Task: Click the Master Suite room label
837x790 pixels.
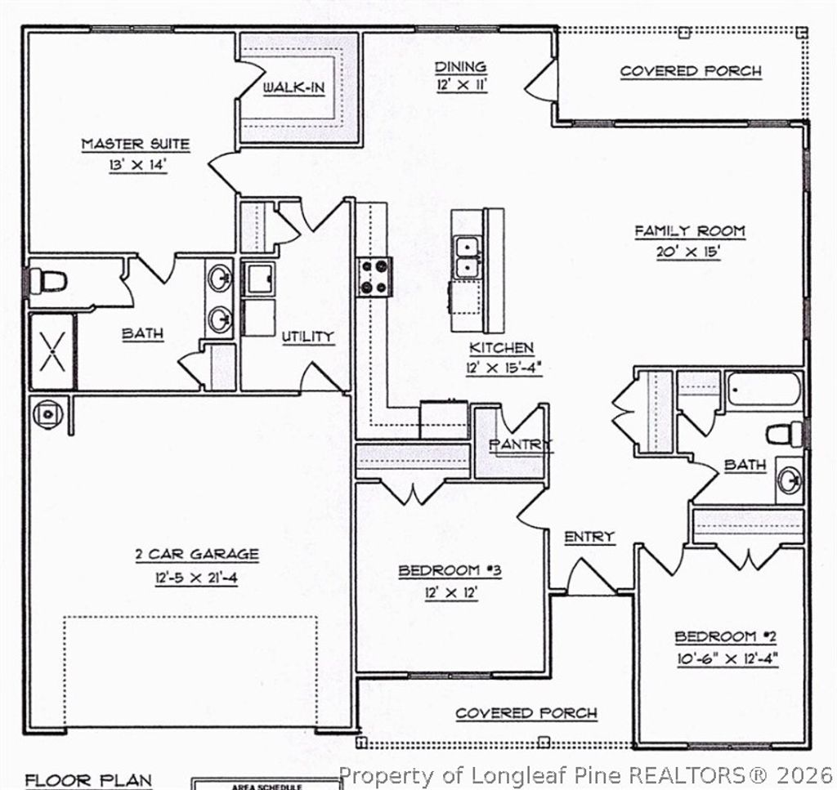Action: click(x=136, y=145)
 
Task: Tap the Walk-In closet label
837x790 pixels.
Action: click(x=293, y=87)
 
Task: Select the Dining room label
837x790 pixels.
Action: click(x=460, y=67)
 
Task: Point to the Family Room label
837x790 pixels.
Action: click(x=690, y=231)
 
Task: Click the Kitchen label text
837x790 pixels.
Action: click(x=500, y=348)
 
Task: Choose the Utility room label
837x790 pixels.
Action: click(x=307, y=337)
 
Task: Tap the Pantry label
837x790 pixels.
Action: click(x=521, y=444)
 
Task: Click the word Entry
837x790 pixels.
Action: click(x=589, y=537)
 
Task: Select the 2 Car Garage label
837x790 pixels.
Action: click(x=196, y=554)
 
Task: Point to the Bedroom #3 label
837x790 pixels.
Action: click(x=450, y=570)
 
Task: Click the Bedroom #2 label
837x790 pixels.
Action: click(x=727, y=636)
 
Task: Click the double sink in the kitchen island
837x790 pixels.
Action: click(x=467, y=257)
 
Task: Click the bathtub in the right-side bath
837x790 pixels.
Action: click(x=763, y=390)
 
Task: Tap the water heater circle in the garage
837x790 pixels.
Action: click(x=48, y=413)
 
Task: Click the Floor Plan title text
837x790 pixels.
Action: click(x=88, y=779)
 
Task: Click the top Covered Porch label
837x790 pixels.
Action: click(x=690, y=71)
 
